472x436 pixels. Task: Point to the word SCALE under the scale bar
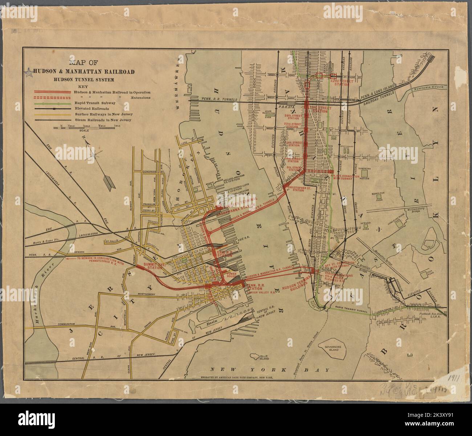click(x=84, y=131)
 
